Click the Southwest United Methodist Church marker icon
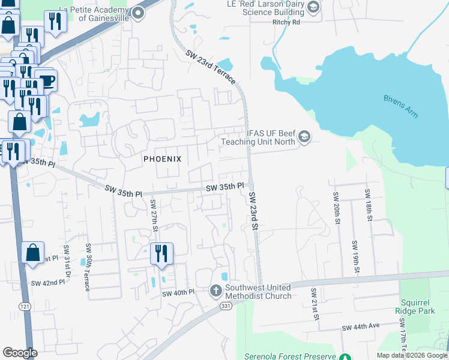point(216,292)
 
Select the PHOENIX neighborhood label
point(162,159)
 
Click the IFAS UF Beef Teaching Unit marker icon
point(304,137)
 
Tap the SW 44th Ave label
point(361,328)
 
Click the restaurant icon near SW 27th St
point(161,253)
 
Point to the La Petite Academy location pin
point(139,12)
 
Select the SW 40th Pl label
point(179,293)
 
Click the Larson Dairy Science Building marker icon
point(313,7)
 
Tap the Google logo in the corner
point(20,353)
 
